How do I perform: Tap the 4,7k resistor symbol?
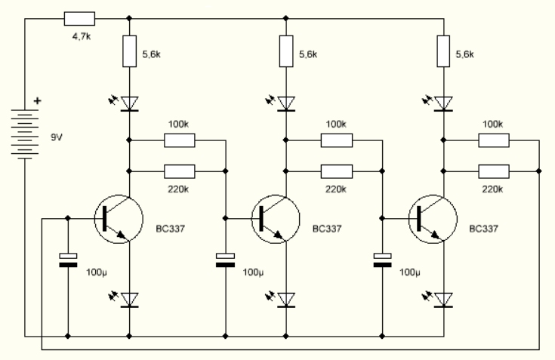(x=79, y=18)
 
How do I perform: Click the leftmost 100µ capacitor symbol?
(x=69, y=261)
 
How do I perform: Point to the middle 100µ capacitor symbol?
(x=226, y=261)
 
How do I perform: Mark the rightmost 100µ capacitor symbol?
(x=383, y=261)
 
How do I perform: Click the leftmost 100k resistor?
(x=180, y=140)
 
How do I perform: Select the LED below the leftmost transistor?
(x=129, y=300)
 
